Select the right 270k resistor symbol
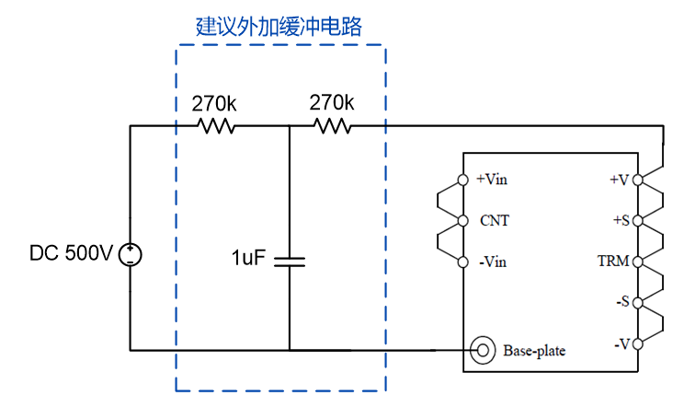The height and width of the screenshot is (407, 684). (332, 126)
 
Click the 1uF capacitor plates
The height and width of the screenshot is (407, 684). (290, 261)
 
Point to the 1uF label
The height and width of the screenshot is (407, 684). (248, 258)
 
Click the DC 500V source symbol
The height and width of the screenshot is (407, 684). (131, 253)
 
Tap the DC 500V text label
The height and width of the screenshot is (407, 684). (71, 253)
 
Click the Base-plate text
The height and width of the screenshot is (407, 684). (534, 351)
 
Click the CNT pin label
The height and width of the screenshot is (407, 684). (494, 221)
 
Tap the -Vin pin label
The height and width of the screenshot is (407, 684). (493, 262)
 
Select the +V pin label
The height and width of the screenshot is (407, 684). (619, 180)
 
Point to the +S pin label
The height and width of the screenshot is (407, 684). (620, 221)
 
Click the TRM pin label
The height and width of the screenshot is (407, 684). (613, 262)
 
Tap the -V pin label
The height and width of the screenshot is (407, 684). (621, 344)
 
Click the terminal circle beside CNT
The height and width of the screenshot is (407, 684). (463, 221)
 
